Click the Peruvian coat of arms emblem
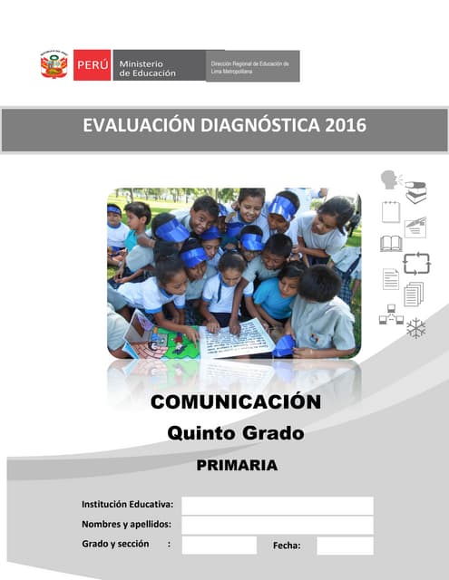pyautogui.click(x=54, y=65)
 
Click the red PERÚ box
pyautogui.click(x=93, y=65)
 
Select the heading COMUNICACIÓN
pyautogui.click(x=236, y=401)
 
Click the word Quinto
pyautogui.click(x=200, y=433)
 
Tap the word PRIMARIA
pyautogui.click(x=237, y=466)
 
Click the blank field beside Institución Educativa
pyautogui.click(x=277, y=505)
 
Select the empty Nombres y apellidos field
pyautogui.click(x=277, y=525)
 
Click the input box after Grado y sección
pyautogui.click(x=219, y=545)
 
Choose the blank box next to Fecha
pyautogui.click(x=345, y=545)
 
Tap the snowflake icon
pyautogui.click(x=416, y=328)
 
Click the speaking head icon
pyautogui.click(x=391, y=179)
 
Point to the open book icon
pyautogui.click(x=391, y=244)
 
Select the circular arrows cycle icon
pyautogui.click(x=416, y=264)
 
